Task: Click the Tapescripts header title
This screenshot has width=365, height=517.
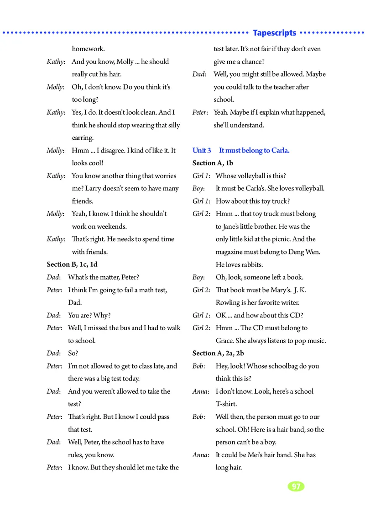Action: point(274,33)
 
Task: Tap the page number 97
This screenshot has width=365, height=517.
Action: point(296,486)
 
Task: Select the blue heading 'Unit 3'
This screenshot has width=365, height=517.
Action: point(202,150)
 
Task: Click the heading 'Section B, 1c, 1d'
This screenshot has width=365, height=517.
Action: point(72,264)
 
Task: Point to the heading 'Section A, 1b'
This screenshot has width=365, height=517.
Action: point(213,163)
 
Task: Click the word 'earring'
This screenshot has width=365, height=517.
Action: point(83,137)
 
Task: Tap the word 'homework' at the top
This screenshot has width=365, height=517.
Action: point(88,49)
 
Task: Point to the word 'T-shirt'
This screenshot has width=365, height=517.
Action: point(226,404)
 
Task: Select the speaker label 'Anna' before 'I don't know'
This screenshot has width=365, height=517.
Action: point(200,391)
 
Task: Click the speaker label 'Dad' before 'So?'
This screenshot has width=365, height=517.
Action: point(52,353)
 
